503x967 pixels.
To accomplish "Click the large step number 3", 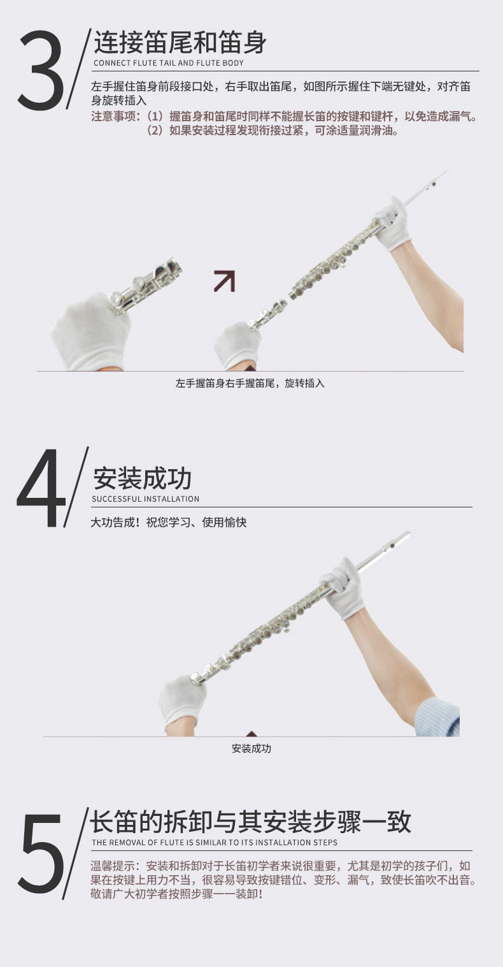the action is [x=41, y=69].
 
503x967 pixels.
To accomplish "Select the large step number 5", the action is [x=41, y=850].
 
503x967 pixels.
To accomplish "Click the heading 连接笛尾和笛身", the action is [x=180, y=42].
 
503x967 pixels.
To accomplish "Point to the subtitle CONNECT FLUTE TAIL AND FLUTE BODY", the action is [x=169, y=63].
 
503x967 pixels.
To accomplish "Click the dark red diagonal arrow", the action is [x=225, y=281].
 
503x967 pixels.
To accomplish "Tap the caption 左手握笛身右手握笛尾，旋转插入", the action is [x=250, y=383].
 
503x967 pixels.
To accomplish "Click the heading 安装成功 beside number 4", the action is [x=142, y=478].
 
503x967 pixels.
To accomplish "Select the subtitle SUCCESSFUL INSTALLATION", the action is [x=146, y=499].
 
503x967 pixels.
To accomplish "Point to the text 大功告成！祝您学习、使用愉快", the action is [x=169, y=522].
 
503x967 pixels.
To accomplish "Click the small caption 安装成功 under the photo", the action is [x=251, y=748].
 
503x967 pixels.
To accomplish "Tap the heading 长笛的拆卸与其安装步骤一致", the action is [x=250, y=822].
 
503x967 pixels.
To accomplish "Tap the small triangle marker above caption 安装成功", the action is [x=251, y=734].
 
